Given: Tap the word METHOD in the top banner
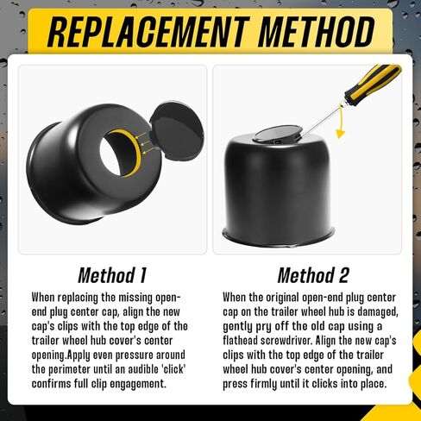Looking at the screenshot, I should pos(315,32).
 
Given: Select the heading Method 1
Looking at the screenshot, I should pos(112,276).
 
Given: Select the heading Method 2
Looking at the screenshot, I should pos(313,276).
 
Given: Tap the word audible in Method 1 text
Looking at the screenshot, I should pos(137,368).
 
